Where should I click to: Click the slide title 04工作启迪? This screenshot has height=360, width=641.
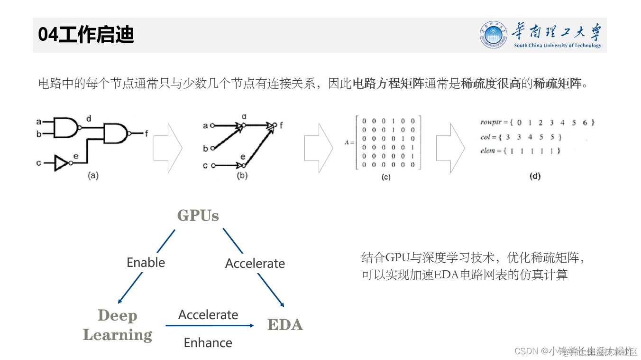(86, 35)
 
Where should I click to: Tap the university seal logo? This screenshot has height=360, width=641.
(494, 35)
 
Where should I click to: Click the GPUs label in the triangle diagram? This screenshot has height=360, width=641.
(198, 216)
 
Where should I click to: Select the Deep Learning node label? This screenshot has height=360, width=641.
(118, 325)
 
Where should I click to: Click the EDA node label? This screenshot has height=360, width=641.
(285, 325)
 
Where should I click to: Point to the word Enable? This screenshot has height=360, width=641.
(146, 263)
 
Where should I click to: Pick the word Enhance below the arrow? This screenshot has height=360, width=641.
(208, 342)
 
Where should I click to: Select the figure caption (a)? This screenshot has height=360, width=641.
(92, 176)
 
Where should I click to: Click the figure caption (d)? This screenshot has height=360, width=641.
(534, 176)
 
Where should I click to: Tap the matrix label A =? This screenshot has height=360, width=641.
(349, 142)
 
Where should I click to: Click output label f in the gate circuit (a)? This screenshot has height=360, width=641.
(147, 133)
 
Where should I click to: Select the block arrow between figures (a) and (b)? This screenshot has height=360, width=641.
(168, 148)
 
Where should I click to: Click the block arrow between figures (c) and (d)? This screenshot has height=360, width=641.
(450, 148)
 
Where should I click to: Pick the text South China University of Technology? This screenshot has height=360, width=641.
(557, 46)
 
